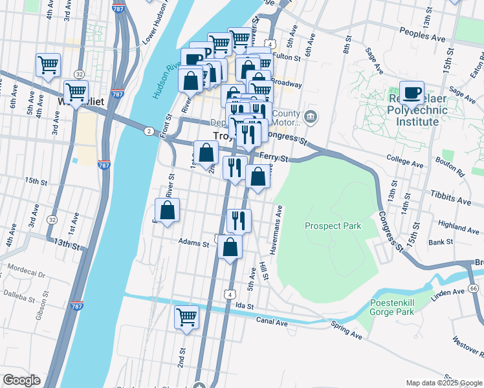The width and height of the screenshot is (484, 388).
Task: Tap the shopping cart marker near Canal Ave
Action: pos(186,317)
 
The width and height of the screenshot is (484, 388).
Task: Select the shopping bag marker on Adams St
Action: pos(230,247)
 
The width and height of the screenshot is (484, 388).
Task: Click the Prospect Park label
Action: pos(333,226)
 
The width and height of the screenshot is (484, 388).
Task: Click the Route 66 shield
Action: pos(474,288)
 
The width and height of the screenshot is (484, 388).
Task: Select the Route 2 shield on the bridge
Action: pos(149,131)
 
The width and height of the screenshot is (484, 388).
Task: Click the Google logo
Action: pos(21,380)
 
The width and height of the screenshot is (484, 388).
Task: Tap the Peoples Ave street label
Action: pos(423,34)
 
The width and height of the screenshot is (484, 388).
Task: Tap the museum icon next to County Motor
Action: pos(311,116)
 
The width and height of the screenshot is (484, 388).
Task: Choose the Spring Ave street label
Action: pos(346,330)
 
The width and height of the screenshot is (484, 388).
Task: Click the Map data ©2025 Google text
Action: pos(443,382)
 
